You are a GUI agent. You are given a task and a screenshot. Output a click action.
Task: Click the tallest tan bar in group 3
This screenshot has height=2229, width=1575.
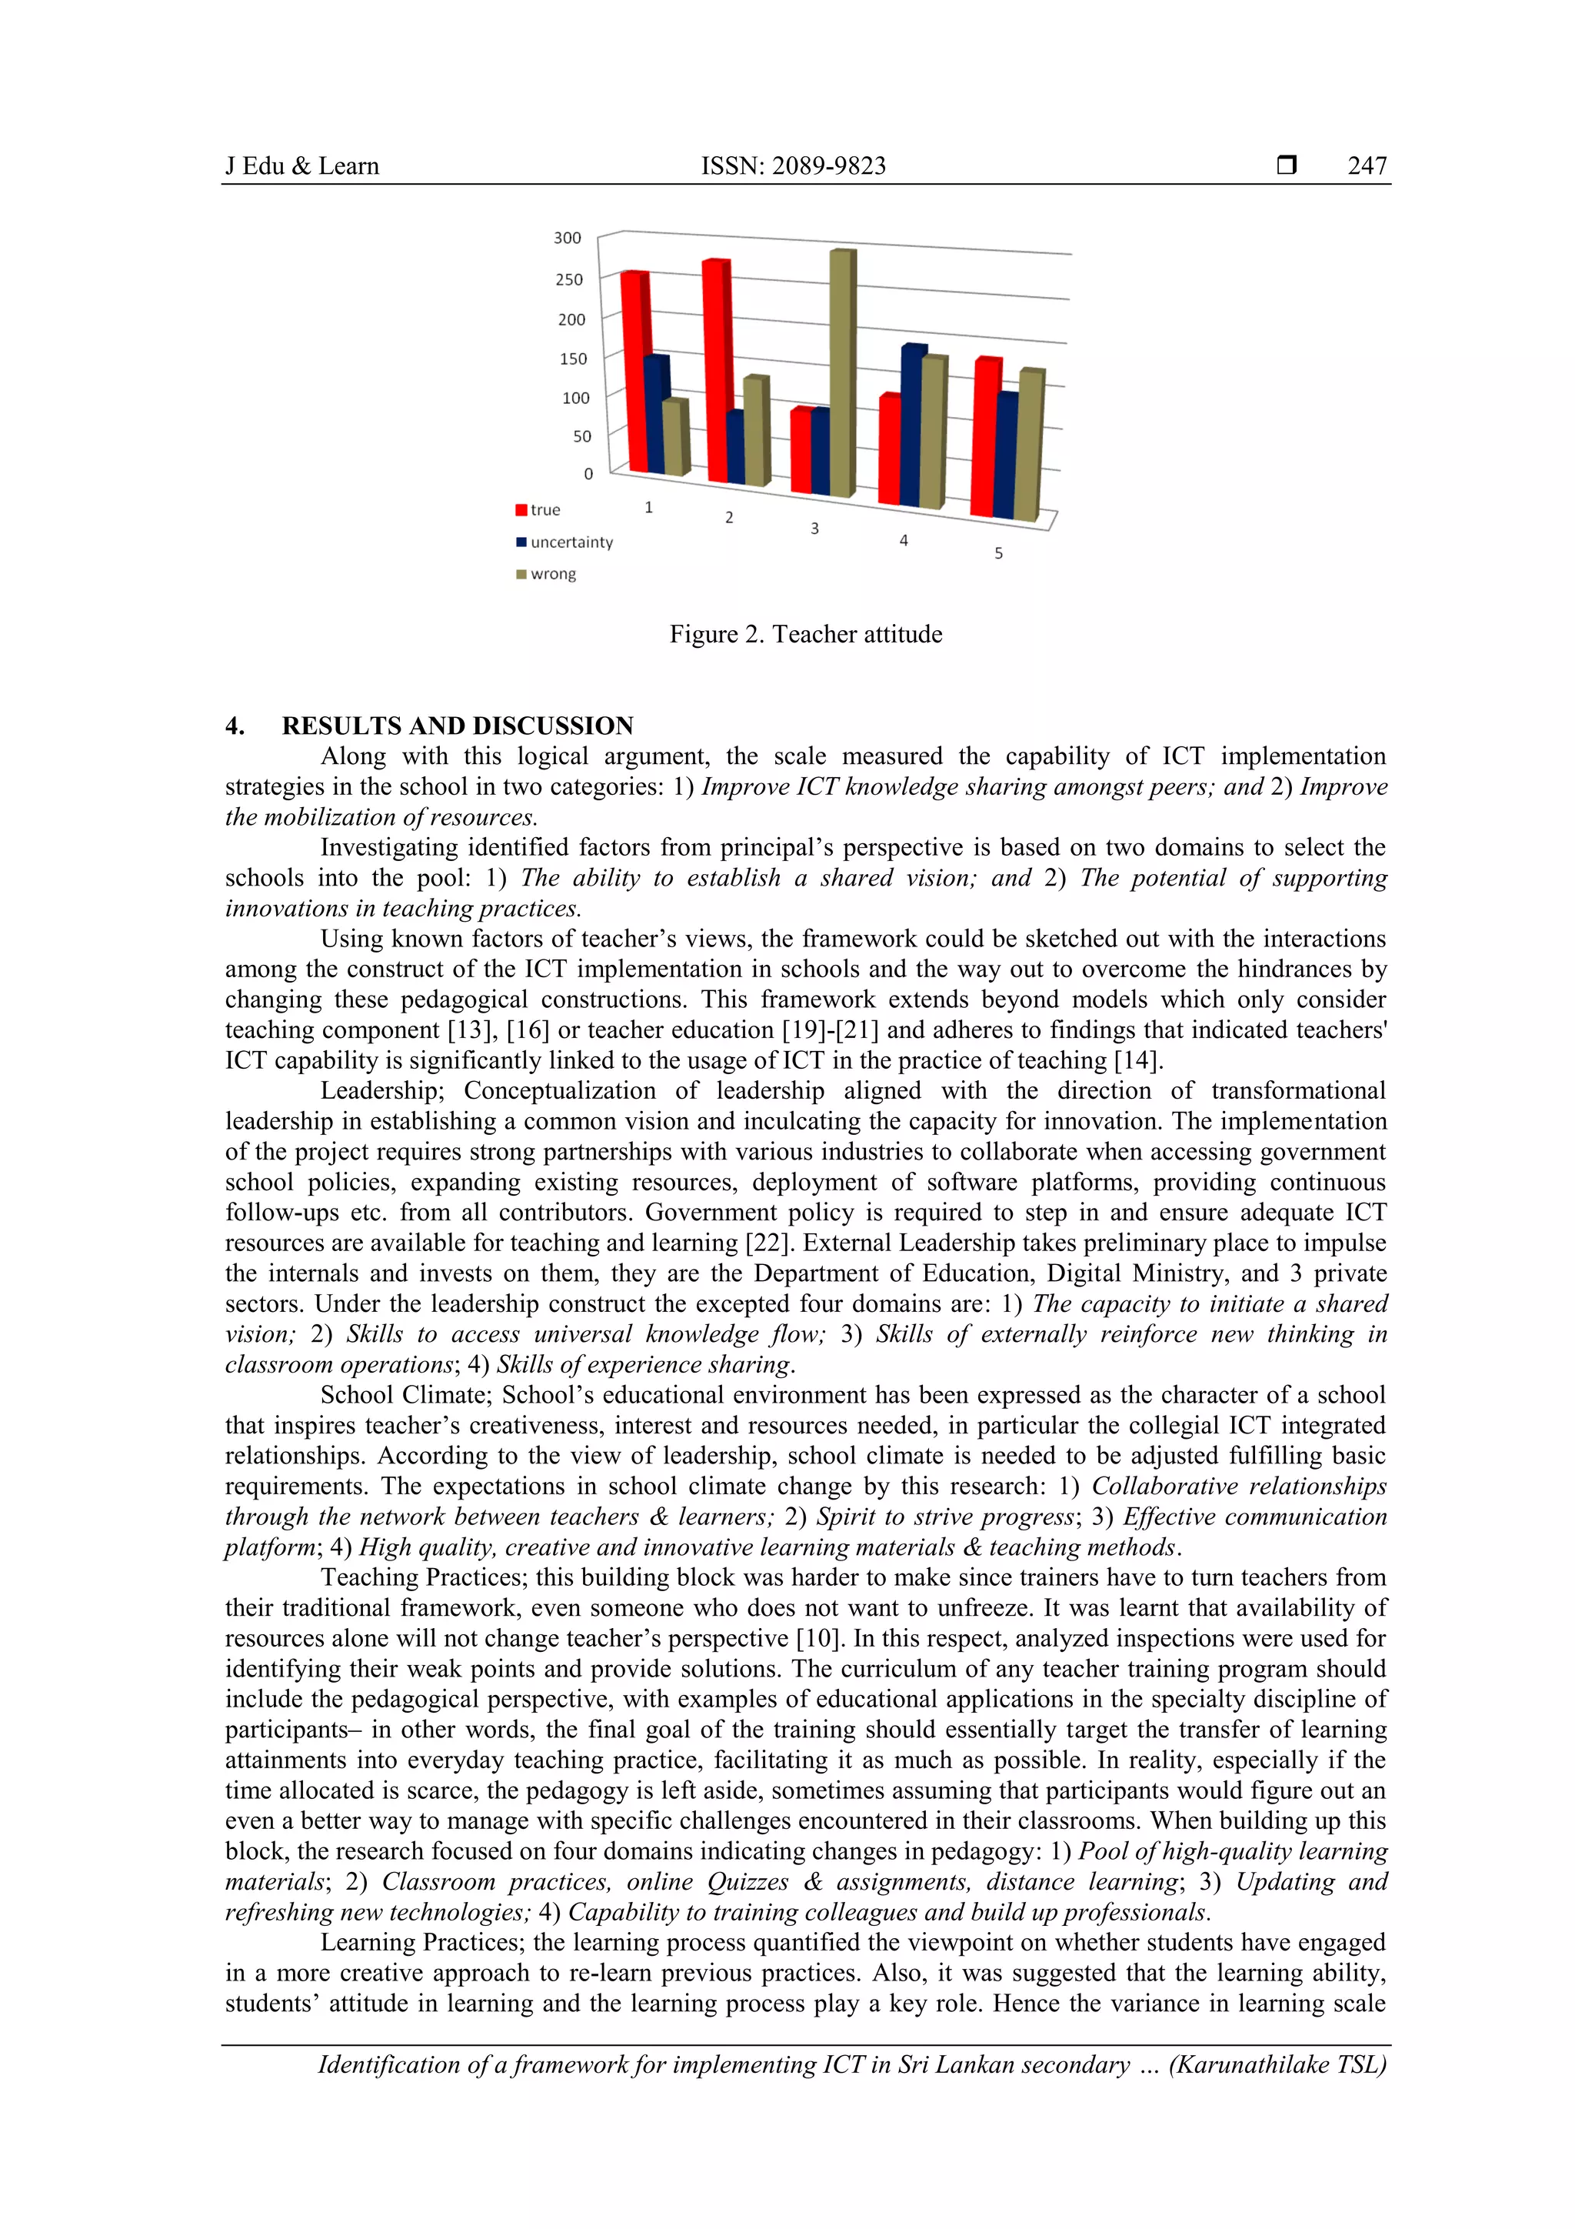(x=842, y=374)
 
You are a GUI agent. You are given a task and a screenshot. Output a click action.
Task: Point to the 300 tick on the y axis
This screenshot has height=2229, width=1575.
(x=568, y=238)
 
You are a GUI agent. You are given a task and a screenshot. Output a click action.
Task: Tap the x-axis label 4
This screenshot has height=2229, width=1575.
(x=904, y=540)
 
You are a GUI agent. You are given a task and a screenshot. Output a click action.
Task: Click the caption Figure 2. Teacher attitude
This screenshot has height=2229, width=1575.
(x=805, y=634)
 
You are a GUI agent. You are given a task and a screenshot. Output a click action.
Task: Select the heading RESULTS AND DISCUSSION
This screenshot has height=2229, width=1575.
(x=457, y=726)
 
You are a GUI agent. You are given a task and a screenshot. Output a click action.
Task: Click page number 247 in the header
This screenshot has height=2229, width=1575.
(x=1367, y=166)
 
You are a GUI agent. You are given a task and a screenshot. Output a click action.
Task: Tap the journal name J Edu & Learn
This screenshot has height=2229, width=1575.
(x=301, y=166)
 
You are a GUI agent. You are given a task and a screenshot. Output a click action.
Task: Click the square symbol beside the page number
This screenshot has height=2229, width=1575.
(x=1287, y=166)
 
